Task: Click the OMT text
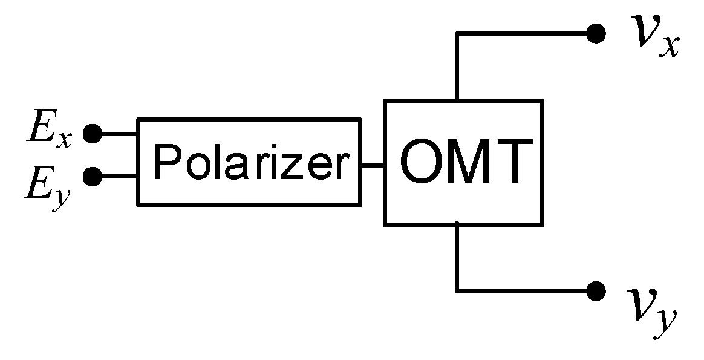click(463, 163)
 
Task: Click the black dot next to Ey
click(92, 177)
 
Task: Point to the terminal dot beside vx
click(596, 34)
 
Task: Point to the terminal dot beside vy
click(596, 291)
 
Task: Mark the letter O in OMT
click(422, 163)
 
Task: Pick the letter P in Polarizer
click(165, 162)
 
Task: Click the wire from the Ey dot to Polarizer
click(118, 177)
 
